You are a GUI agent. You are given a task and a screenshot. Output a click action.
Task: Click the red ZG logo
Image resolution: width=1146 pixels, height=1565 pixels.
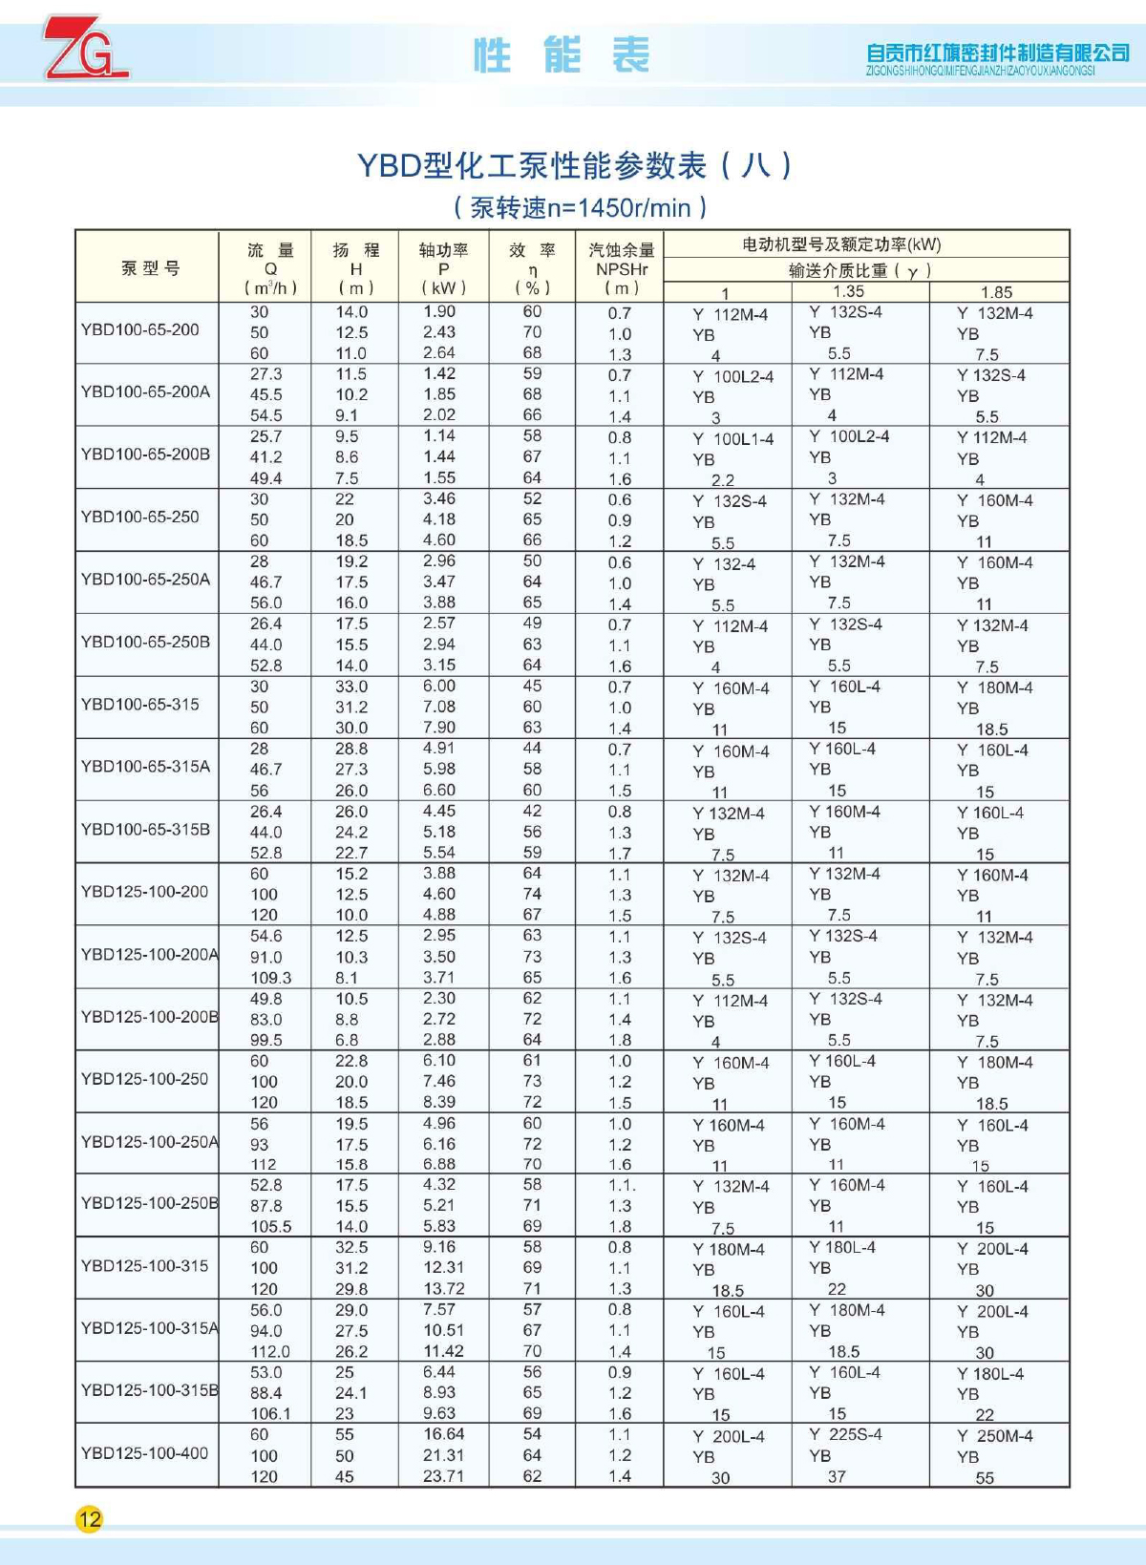tap(84, 48)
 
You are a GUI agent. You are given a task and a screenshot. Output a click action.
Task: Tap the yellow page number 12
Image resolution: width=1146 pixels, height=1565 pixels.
tap(89, 1519)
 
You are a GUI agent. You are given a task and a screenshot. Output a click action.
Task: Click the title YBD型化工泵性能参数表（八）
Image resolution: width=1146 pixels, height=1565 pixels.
tap(574, 166)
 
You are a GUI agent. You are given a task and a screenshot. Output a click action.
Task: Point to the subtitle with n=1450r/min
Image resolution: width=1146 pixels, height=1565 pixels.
tap(581, 207)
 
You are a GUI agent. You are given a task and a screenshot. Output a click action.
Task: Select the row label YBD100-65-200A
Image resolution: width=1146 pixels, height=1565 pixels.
tap(145, 391)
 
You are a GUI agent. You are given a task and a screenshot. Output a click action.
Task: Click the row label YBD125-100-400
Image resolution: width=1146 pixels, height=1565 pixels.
tap(144, 1452)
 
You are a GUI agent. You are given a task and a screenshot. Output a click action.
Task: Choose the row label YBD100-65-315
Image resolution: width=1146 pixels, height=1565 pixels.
tap(140, 704)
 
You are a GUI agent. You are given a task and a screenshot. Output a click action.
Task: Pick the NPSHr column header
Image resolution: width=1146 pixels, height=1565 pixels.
tap(622, 269)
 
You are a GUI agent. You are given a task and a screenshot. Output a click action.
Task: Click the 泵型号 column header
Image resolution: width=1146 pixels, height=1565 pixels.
tap(150, 268)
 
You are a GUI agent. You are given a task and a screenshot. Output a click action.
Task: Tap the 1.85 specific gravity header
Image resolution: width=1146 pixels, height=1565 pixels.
tap(996, 292)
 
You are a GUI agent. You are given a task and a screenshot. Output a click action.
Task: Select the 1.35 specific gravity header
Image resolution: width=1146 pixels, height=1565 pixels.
tap(848, 291)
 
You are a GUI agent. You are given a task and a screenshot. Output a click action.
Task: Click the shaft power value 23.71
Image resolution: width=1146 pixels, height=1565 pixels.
tap(443, 1476)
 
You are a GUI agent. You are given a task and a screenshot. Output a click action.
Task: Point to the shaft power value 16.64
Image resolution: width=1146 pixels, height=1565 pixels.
tap(443, 1434)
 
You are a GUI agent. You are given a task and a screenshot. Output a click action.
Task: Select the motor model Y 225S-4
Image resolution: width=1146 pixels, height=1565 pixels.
tap(845, 1434)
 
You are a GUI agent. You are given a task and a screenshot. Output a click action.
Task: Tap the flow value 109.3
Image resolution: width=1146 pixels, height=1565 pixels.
tap(270, 978)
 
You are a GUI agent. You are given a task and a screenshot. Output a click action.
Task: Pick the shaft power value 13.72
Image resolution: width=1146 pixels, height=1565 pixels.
tap(443, 1289)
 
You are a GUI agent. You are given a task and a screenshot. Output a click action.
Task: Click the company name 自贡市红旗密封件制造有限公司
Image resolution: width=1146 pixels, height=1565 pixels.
tap(997, 53)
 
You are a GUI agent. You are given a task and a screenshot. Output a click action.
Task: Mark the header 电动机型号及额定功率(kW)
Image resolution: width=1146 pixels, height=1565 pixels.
tap(841, 244)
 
